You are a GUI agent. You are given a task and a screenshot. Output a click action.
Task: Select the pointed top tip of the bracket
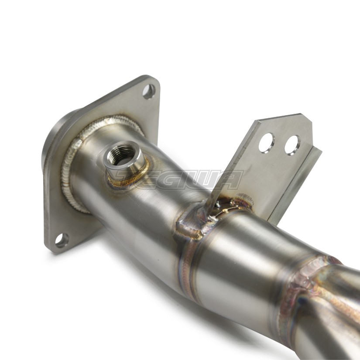tap(301, 114)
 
